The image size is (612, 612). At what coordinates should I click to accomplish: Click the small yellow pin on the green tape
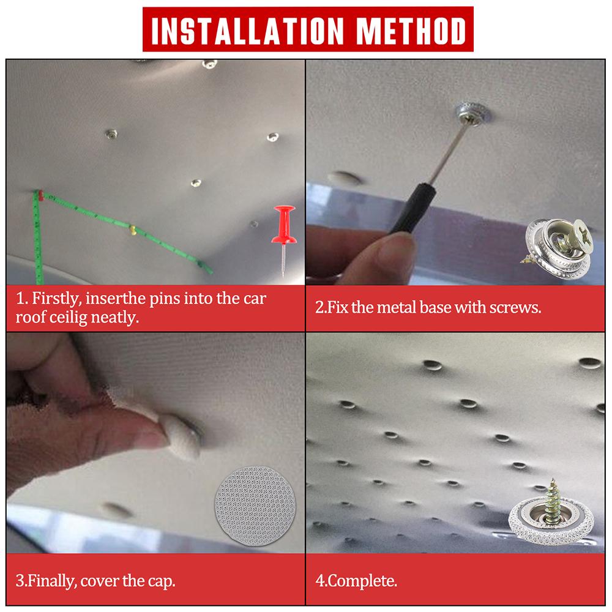(133, 231)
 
